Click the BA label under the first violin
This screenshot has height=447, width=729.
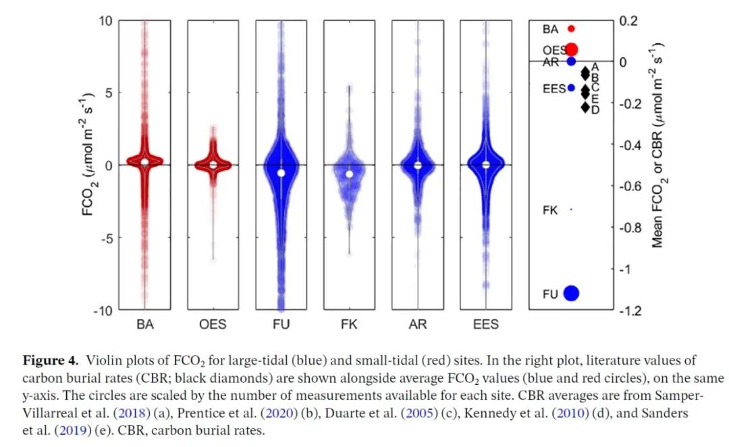point(145,325)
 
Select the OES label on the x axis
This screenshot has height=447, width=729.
point(213,325)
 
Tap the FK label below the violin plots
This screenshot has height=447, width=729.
point(350,325)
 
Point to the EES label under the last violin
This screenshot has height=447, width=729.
point(486,325)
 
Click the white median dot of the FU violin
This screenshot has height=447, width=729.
point(281,173)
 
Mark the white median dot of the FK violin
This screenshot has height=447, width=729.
point(350,174)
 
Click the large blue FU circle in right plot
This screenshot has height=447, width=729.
point(572,293)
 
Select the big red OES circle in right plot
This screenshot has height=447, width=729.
point(572,49)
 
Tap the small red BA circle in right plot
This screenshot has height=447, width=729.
point(571,29)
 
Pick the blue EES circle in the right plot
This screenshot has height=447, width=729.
point(571,88)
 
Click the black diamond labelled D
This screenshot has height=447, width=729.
point(585,107)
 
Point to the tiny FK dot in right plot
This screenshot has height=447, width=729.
point(571,210)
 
